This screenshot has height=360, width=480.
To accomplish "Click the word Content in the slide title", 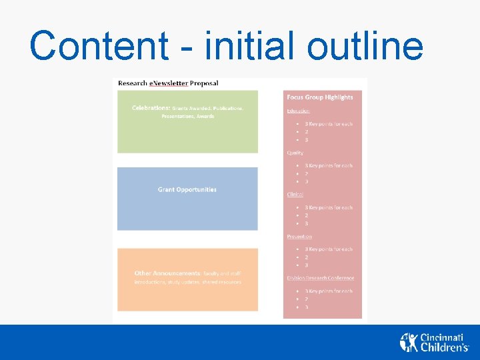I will pos(99,46).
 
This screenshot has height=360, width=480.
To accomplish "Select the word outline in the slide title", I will pos(365,46).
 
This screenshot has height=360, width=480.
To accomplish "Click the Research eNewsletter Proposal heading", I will pos(168,83).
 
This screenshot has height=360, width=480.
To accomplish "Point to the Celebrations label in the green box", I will pos(151,107).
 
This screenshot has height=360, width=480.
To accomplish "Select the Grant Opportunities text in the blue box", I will pos(187,189).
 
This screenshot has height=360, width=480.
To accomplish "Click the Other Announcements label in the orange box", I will pos(167,273).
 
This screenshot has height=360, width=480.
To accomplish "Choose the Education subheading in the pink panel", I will pos(298,111).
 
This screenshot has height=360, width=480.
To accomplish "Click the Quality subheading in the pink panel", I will pos(295,153).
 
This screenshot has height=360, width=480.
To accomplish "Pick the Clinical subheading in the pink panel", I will pos(295,194).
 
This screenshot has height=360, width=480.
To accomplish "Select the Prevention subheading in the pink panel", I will pos(299,236).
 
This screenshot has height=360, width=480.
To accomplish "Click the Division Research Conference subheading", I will pos(321,278).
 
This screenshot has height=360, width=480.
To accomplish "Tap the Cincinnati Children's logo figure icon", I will pos(408,342).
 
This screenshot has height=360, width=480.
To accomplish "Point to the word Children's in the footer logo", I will pos(445,347).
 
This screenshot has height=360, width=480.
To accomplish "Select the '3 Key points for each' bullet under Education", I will pos(329,124).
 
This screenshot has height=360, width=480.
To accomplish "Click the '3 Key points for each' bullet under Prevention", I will pos(329,249).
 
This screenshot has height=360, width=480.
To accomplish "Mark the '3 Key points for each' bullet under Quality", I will pos(329,165).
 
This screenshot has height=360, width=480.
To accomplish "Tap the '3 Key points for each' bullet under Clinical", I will pos(329,207).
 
